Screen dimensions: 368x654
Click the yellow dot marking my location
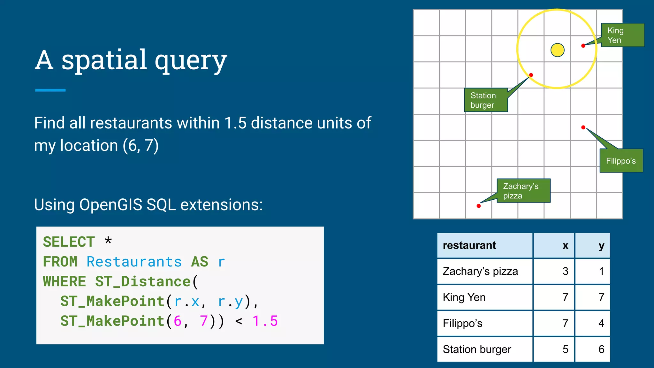(558, 50)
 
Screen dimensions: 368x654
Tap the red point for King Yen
(583, 46)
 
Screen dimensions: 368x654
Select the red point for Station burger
(531, 75)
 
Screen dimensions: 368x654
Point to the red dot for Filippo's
(583, 127)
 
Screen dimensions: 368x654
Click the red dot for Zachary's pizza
(479, 206)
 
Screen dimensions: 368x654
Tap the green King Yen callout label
(622, 35)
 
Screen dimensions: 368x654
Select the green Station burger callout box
(486, 100)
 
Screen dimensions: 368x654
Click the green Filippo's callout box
(621, 161)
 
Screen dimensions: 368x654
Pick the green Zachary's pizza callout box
(524, 191)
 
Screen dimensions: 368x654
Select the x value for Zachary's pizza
(565, 271)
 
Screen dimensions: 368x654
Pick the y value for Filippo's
(601, 323)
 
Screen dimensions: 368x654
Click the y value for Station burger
(601, 349)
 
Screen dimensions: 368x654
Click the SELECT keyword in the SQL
(69, 242)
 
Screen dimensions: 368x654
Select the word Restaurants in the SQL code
(134, 262)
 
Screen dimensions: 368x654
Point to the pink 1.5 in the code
(265, 321)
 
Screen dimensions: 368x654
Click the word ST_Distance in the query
(143, 282)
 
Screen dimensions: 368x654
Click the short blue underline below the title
(50, 90)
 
